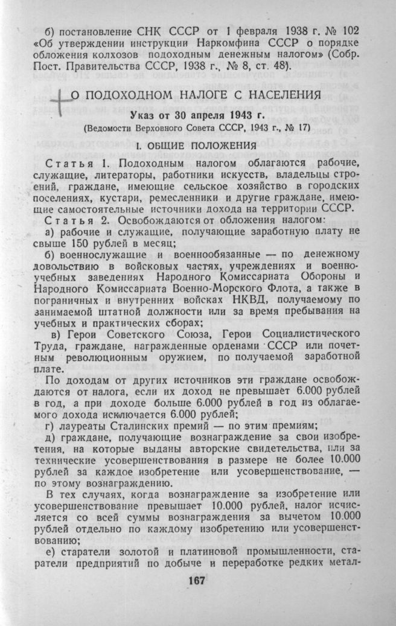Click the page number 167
point(197,580)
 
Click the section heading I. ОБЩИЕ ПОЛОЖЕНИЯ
point(197,145)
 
